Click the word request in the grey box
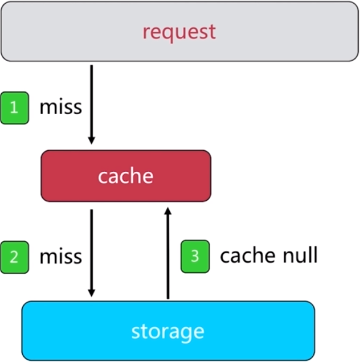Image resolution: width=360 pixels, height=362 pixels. pyautogui.click(x=179, y=32)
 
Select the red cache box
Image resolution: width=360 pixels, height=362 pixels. pyautogui.click(x=126, y=176)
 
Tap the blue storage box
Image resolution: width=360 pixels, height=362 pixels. pyautogui.click(x=168, y=331)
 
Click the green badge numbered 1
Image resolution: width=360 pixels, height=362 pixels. pyautogui.click(x=15, y=108)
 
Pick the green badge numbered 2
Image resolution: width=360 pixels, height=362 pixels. pyautogui.click(x=15, y=257)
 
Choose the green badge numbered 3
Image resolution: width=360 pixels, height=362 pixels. pyautogui.click(x=195, y=256)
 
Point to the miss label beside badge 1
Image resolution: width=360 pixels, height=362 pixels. pyautogui.click(x=61, y=107)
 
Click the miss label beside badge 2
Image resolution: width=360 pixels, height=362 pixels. pyautogui.click(x=61, y=256)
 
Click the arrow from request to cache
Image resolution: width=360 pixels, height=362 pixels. pyautogui.click(x=91, y=104)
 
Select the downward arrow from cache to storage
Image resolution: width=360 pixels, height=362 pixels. pyautogui.click(x=91, y=253)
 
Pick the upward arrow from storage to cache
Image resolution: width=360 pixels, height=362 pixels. pyautogui.click(x=168, y=253)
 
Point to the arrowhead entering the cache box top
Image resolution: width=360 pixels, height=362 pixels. pyautogui.click(x=91, y=141)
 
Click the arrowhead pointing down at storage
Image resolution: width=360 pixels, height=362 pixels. pyautogui.click(x=91, y=293)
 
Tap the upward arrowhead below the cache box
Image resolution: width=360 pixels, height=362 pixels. pyautogui.click(x=168, y=211)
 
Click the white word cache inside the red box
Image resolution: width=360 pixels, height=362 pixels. pyautogui.click(x=126, y=176)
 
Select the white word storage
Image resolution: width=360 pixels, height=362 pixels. pyautogui.click(x=168, y=333)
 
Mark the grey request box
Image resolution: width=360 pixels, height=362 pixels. pyautogui.click(x=180, y=31)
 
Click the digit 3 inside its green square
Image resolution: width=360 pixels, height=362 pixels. pyautogui.click(x=195, y=256)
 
